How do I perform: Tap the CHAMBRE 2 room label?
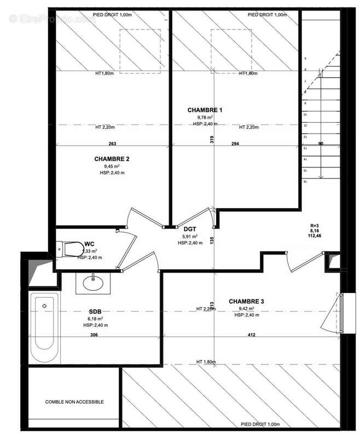pyautogui.click(x=112, y=159)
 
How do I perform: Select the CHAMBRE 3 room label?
pyautogui.click(x=247, y=301)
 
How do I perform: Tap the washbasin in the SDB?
pyautogui.click(x=94, y=283)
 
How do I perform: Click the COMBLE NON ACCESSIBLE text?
pyautogui.click(x=74, y=402)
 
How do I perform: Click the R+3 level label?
pyautogui.click(x=315, y=225)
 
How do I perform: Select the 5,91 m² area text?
pyautogui.click(x=190, y=237)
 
